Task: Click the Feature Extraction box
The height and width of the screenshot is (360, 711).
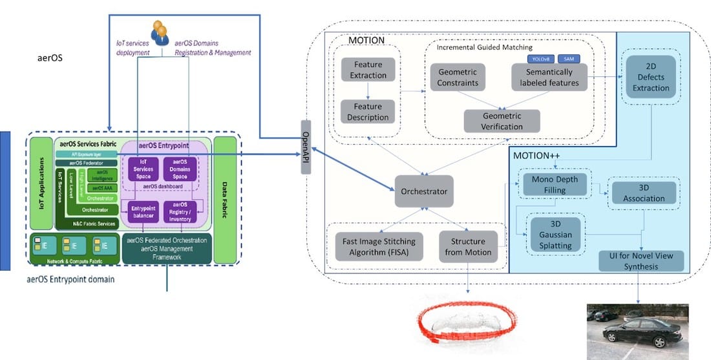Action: coord(368,70)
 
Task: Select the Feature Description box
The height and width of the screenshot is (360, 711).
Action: coord(368,112)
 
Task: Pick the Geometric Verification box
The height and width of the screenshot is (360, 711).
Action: coord(502,120)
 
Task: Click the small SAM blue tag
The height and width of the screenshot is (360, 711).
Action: coord(568,59)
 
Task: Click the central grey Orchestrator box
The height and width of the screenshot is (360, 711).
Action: coord(424,192)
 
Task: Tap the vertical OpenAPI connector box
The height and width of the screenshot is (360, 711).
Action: coord(306,147)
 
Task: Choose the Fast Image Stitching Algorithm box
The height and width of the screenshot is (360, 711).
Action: coord(379,247)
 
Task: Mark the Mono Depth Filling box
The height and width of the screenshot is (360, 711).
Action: coord(553,185)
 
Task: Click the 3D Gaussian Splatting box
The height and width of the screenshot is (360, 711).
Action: coord(555,235)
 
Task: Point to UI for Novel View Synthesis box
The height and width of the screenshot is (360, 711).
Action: coord(641,261)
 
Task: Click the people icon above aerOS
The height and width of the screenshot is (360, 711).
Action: coord(159,32)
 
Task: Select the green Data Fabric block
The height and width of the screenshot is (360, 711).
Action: coord(225,200)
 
